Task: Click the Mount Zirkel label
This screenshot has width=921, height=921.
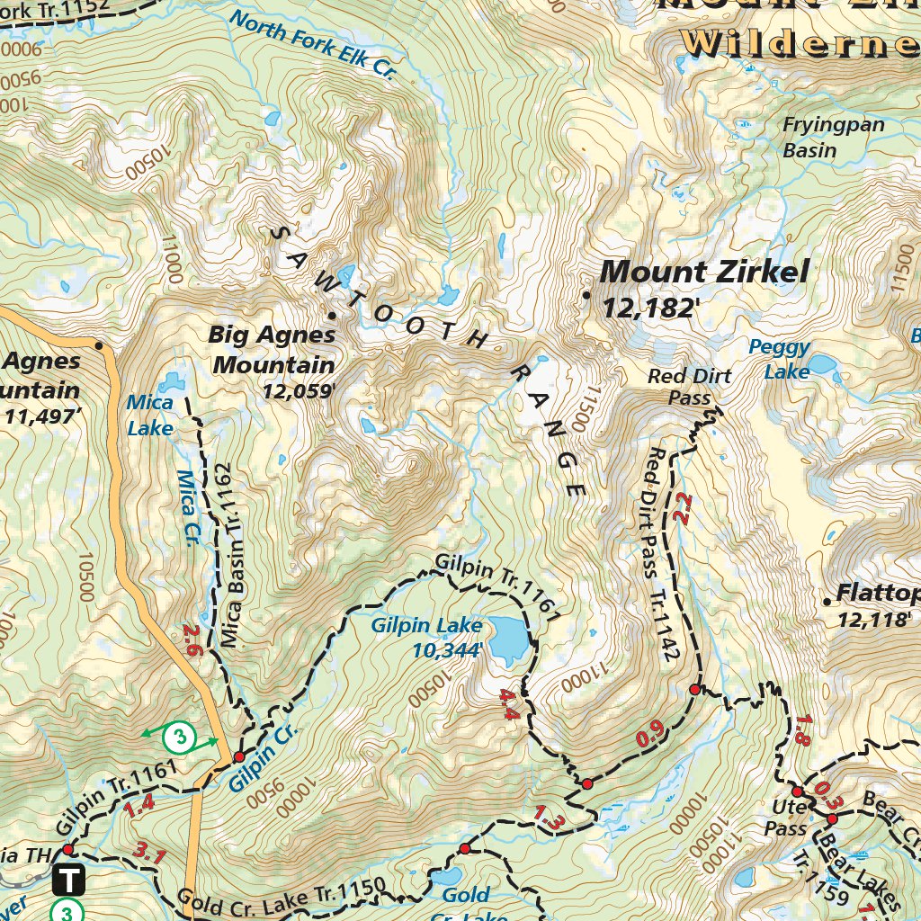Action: point(704,271)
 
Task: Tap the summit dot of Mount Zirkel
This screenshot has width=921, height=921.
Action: point(586,295)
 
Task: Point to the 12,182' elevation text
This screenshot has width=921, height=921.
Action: point(651,308)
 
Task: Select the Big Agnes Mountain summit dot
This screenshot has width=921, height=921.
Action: point(332,315)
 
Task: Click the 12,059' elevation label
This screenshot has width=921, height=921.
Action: point(299,391)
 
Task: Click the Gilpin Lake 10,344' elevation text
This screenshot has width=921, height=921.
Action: point(447,649)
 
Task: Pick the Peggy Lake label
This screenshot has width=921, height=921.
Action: point(779,359)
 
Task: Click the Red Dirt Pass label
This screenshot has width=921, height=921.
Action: point(690,387)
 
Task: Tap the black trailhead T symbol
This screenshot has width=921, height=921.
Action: point(69,878)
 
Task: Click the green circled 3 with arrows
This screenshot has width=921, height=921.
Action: point(180,738)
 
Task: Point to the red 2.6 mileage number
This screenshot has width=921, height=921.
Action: point(192,641)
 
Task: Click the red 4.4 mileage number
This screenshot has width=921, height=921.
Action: point(509,704)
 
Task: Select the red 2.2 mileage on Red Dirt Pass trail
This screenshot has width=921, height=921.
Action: point(682,508)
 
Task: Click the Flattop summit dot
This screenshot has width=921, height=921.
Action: point(827,601)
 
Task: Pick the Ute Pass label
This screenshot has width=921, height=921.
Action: point(785,816)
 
